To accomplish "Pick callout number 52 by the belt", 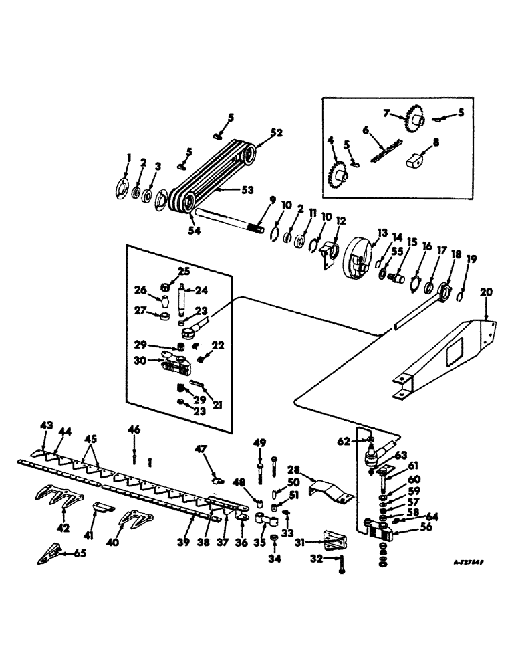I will click(258, 133).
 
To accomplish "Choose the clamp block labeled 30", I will click(175, 366).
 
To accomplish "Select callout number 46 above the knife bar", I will click(134, 431).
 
